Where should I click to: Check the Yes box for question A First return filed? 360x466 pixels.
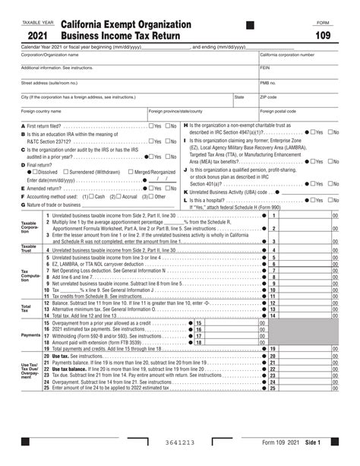point(151,125)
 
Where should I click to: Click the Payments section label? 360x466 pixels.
point(30,334)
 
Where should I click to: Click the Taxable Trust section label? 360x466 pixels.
point(28,248)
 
